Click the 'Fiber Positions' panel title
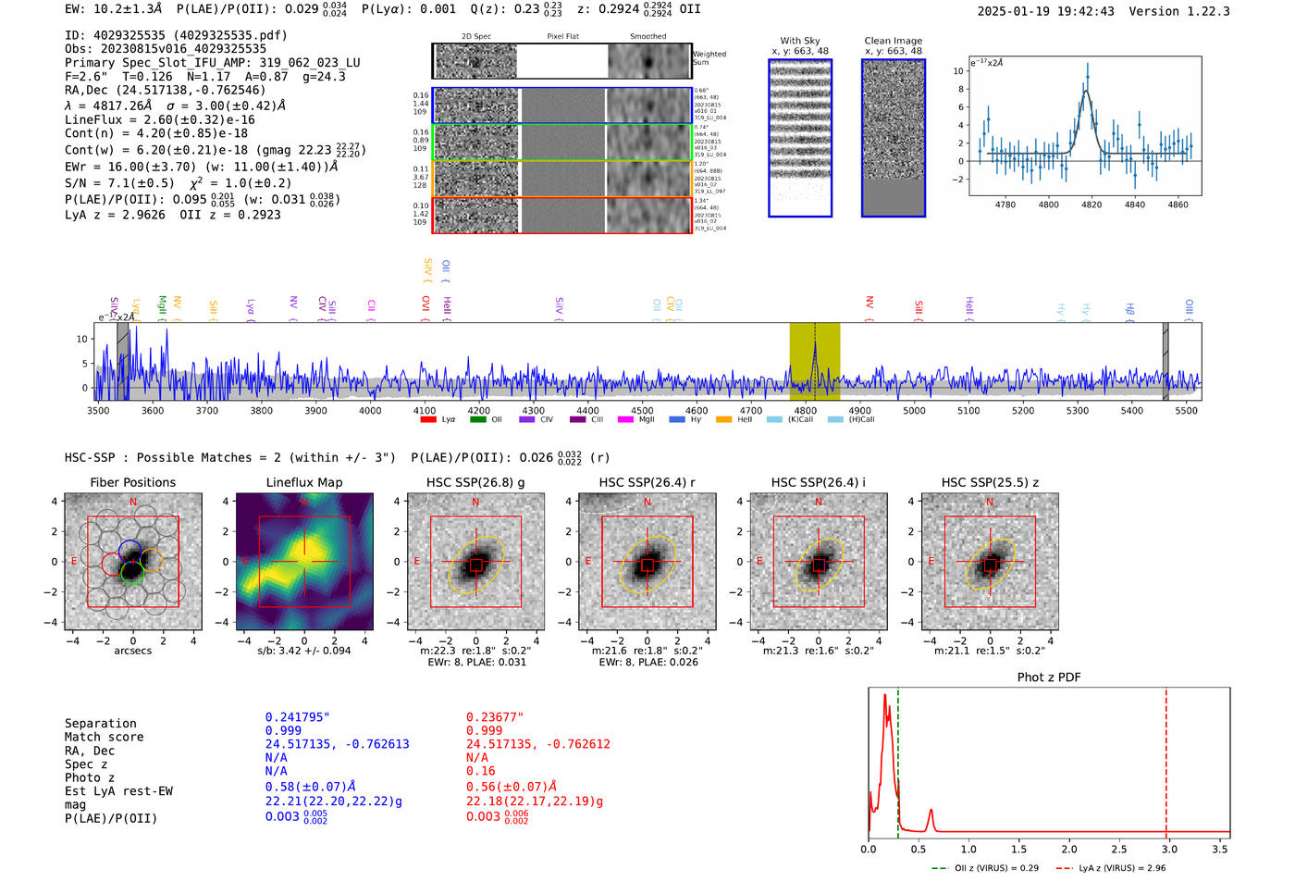[132, 482]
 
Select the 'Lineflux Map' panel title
[303, 482]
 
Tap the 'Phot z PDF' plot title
[1049, 677]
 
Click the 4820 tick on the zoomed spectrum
[1091, 205]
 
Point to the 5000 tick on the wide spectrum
[914, 410]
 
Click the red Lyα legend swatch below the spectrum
[428, 419]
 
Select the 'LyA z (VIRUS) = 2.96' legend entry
[1122, 868]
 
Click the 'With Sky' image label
[799, 41]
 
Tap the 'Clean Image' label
[893, 41]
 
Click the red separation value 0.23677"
[495, 716]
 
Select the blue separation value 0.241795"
[298, 716]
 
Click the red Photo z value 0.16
[480, 771]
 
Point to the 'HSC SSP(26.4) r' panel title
[647, 482]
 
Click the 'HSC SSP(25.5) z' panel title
[990, 482]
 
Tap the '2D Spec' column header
[475, 36]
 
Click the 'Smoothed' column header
[647, 36]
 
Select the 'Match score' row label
[104, 737]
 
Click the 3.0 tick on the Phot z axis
[1170, 849]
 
